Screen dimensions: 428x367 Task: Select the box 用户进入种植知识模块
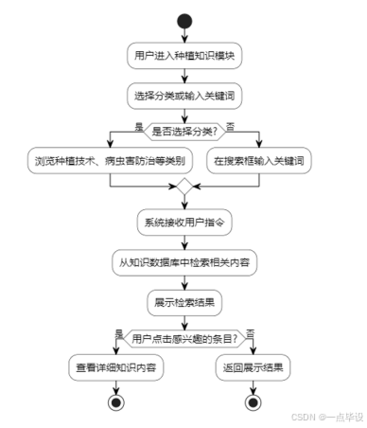click(x=183, y=57)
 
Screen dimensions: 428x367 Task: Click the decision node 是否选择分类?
click(x=183, y=132)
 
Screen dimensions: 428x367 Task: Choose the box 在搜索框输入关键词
click(x=257, y=161)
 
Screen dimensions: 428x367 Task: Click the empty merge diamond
click(x=183, y=186)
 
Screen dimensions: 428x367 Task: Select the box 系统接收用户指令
click(x=183, y=224)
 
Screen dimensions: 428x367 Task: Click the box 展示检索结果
click(x=183, y=303)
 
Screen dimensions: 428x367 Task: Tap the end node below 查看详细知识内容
click(x=116, y=401)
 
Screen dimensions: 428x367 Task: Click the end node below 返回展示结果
click(x=253, y=401)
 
